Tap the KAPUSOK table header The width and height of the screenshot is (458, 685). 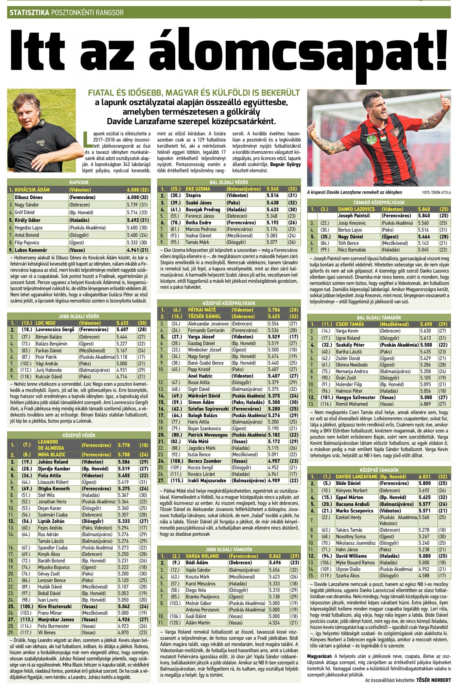[x=79, y=182]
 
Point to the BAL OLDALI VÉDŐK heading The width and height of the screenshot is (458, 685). [x=229, y=182]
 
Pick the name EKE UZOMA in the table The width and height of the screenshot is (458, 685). [x=198, y=189]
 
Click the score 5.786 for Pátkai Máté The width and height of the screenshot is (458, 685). [x=274, y=310]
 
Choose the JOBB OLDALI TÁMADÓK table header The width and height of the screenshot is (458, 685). [x=229, y=549]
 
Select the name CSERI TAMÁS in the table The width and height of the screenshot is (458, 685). [x=350, y=324]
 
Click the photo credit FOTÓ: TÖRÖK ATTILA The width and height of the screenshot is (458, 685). [x=437, y=193]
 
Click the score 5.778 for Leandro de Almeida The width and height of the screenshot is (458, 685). [x=124, y=445]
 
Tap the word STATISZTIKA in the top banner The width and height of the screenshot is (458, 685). [x=30, y=13]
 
